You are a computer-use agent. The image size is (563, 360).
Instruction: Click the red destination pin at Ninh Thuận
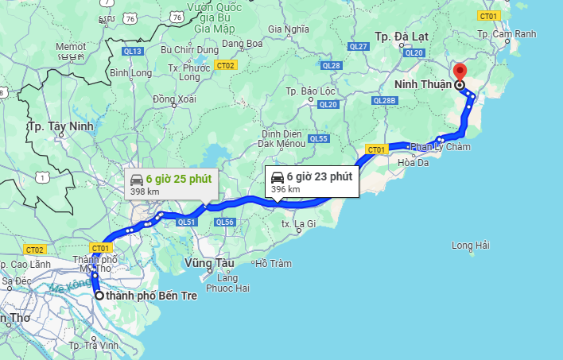click(459, 72)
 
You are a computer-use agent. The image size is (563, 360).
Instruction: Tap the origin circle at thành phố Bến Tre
click(99, 296)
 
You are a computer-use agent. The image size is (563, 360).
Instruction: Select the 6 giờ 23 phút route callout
click(313, 181)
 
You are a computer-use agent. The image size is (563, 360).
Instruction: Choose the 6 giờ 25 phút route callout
click(172, 184)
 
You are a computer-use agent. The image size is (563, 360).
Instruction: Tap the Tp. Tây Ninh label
click(60, 126)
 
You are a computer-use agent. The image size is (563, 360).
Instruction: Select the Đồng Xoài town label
click(174, 99)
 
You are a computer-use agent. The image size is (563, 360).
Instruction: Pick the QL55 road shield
click(318, 139)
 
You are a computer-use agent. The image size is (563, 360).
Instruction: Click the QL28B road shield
click(384, 101)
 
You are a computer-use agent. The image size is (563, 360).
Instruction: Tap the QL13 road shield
click(133, 52)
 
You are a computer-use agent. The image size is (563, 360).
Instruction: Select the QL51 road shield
click(186, 222)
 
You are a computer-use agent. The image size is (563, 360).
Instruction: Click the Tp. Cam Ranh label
click(507, 34)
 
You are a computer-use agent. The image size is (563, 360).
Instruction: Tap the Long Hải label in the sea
click(470, 246)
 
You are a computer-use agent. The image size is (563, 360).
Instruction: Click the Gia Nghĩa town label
click(288, 29)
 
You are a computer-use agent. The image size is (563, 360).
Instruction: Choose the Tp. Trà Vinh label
click(93, 346)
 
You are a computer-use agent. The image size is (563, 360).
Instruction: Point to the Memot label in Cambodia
click(71, 47)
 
